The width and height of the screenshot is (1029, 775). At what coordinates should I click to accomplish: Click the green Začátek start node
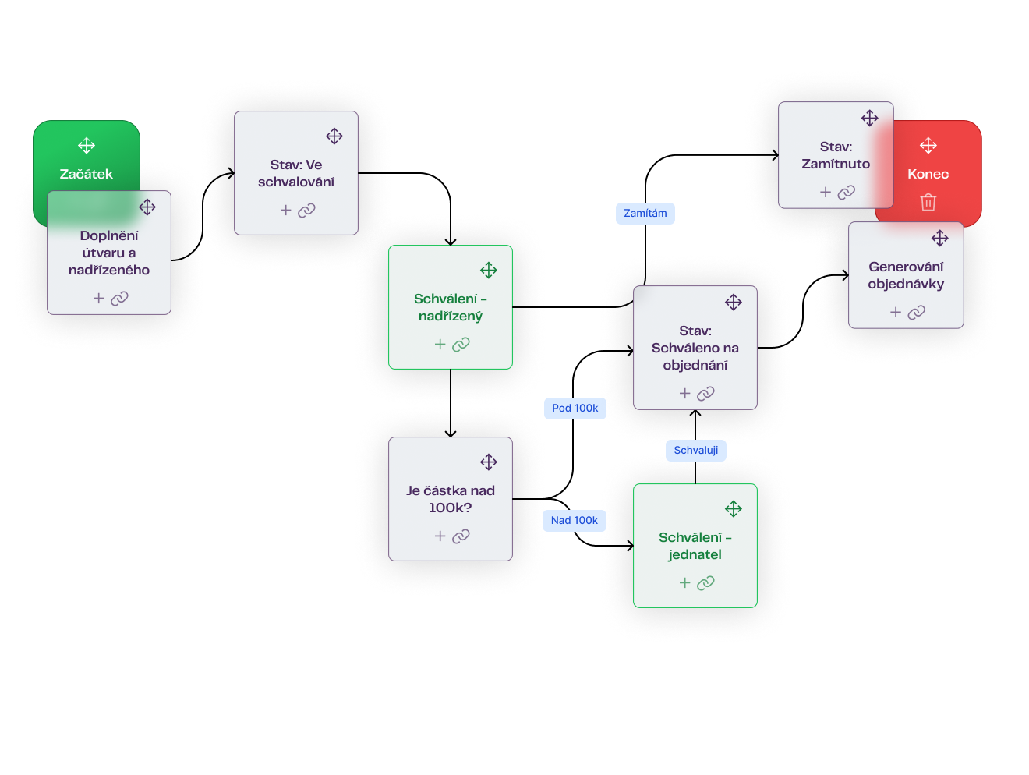coord(87,173)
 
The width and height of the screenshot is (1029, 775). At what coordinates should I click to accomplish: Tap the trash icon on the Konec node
coord(928,202)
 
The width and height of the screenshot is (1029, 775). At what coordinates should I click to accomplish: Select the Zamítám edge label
coord(645,213)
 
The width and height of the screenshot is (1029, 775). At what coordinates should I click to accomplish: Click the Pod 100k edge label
coord(575,408)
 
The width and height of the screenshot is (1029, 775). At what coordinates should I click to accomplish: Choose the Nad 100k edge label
coord(575,520)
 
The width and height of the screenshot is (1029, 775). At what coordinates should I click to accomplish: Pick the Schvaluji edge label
coord(696,450)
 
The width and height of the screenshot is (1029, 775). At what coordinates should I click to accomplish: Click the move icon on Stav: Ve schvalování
coord(334,136)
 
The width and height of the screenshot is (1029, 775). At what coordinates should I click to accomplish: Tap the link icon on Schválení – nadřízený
coord(461,344)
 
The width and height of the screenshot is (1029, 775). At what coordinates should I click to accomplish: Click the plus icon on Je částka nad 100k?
coord(440,536)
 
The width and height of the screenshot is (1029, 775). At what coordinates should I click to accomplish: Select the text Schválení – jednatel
coord(695,546)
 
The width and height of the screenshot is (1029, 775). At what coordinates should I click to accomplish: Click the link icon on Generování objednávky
coord(917,312)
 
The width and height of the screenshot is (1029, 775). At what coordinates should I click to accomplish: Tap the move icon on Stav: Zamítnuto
coord(870,118)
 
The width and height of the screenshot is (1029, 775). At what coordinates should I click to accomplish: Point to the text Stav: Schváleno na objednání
coord(695,348)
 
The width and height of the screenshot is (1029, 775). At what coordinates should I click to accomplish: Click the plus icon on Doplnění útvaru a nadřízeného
coord(99,298)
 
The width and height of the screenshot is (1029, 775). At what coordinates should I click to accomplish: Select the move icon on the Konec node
coord(928,146)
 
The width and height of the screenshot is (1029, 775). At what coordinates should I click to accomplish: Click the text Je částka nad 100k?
coord(451,499)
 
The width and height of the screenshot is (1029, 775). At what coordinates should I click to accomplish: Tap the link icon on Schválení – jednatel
coord(705,582)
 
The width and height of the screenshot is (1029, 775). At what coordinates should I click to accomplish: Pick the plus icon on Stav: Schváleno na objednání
coord(685,394)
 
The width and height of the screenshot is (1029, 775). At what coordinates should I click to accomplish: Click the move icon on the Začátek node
coord(87,146)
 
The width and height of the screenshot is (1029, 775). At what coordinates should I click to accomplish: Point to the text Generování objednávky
coord(906,275)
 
